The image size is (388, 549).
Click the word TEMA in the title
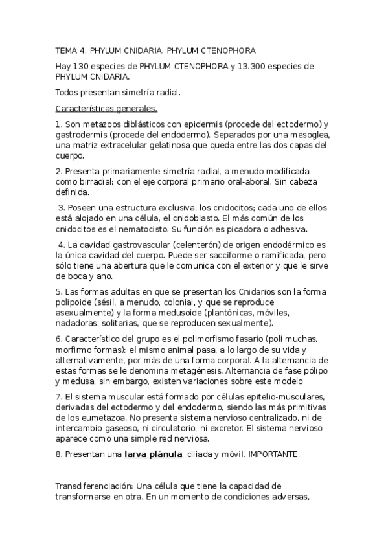[x=66, y=50]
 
